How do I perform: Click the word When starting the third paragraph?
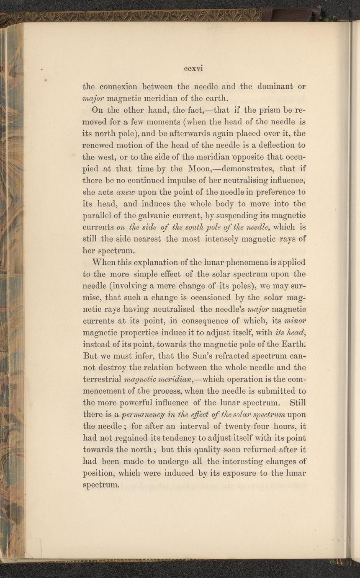tap(104, 263)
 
